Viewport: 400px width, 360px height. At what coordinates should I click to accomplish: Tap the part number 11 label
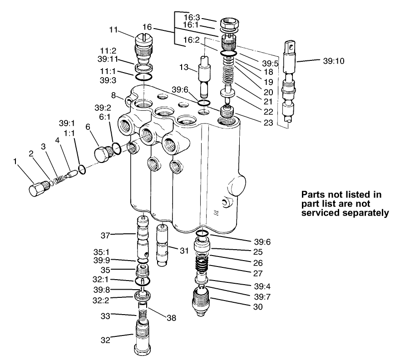tap(114, 30)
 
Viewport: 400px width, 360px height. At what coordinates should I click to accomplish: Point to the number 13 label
tap(183, 68)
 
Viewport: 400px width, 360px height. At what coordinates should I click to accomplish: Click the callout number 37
tap(106, 235)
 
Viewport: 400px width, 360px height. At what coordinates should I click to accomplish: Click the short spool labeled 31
tap(163, 245)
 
